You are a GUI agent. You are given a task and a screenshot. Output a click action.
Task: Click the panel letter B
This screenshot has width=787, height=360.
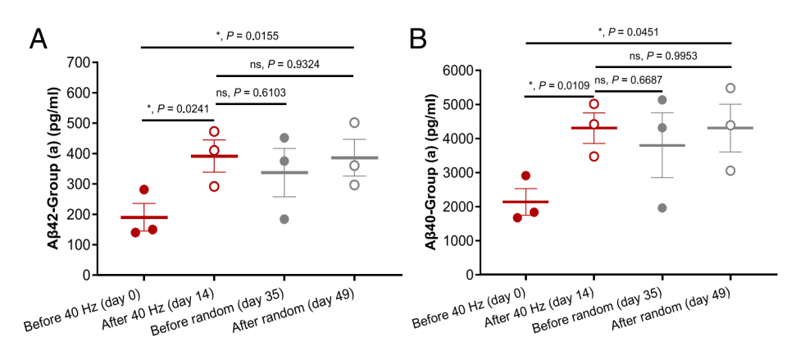coord(418,39)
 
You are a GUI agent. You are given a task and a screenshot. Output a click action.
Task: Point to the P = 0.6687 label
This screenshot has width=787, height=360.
coord(628,80)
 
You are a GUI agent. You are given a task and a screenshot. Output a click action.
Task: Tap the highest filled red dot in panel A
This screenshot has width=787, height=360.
coord(144,189)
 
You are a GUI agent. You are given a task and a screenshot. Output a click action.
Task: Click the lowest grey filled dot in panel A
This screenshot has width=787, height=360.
coord(284,219)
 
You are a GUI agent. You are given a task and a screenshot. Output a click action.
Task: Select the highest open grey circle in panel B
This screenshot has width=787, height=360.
coord(730,88)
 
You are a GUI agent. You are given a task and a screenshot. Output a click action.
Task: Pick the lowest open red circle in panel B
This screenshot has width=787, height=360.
coord(594,156)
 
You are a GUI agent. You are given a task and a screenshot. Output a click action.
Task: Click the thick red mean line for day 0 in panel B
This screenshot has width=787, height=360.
coord(525,202)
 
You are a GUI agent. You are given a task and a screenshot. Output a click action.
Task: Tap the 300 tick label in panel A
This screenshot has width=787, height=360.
coord(78,184)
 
